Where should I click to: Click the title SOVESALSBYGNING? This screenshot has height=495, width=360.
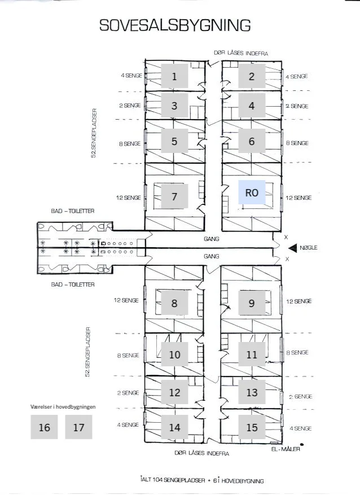pyautogui.click(x=175, y=25)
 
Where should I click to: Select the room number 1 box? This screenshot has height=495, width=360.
pyautogui.click(x=174, y=76)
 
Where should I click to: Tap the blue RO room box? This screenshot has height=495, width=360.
pyautogui.click(x=252, y=192)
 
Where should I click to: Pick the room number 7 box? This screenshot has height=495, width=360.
pyautogui.click(x=174, y=196)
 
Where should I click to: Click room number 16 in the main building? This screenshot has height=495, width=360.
pyautogui.click(x=44, y=427)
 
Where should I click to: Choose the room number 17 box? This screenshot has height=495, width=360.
pyautogui.click(x=78, y=427)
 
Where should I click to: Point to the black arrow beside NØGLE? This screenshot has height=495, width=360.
pyautogui.click(x=293, y=248)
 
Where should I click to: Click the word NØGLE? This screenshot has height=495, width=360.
pyautogui.click(x=309, y=248)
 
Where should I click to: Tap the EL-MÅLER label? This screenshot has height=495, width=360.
pyautogui.click(x=286, y=449)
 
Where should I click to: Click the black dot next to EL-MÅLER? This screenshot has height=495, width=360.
pyautogui.click(x=302, y=445)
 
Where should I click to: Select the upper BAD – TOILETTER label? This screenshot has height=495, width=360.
pyautogui.click(x=73, y=211)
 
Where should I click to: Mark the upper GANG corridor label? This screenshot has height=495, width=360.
pyautogui.click(x=212, y=239)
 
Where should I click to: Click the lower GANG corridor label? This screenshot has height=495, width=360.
pyautogui.click(x=212, y=256)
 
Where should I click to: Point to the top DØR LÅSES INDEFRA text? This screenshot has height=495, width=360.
pyautogui.click(x=241, y=53)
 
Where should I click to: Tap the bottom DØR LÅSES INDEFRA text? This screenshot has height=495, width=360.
pyautogui.click(x=202, y=453)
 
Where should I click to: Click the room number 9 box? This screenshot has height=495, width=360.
pyautogui.click(x=252, y=303)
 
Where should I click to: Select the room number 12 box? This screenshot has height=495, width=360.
pyautogui.click(x=174, y=392)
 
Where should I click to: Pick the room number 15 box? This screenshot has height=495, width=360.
pyautogui.click(x=252, y=427)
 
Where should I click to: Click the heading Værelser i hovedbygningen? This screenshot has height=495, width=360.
pyautogui.click(x=63, y=406)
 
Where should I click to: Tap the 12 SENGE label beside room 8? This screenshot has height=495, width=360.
pyautogui.click(x=126, y=300)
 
